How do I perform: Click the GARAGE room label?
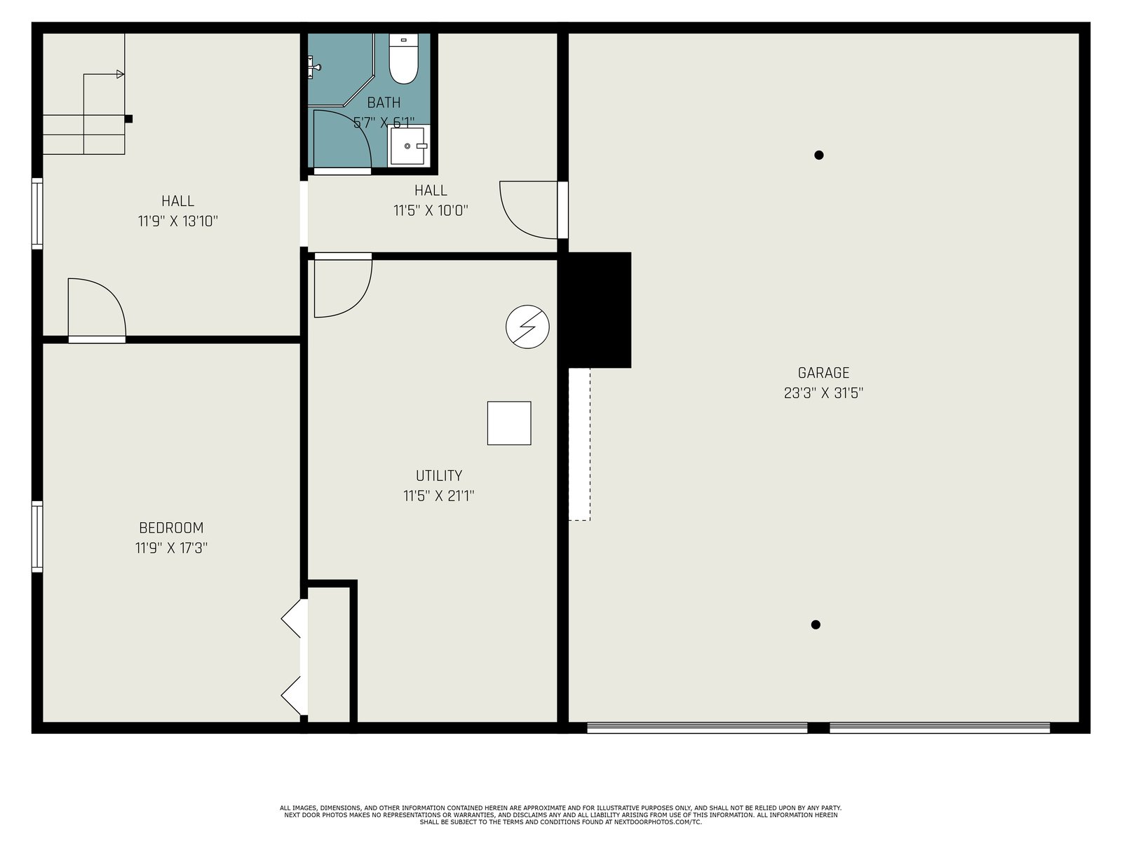(823, 373)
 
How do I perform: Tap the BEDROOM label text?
(171, 528)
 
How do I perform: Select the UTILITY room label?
(438, 476)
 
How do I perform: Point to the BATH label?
(384, 102)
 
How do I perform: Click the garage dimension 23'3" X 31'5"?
(823, 393)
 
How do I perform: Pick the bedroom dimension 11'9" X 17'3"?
(171, 548)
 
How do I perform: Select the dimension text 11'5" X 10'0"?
(431, 210)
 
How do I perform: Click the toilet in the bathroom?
(403, 58)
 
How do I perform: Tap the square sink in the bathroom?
(408, 146)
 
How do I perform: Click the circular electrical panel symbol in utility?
(527, 327)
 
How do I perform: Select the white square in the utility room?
(509, 423)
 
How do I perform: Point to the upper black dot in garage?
(819, 155)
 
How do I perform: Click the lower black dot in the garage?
(816, 624)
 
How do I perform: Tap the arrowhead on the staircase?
(121, 74)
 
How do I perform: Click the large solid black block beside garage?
(596, 310)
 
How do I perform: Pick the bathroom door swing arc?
(356, 128)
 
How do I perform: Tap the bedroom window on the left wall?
(36, 537)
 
